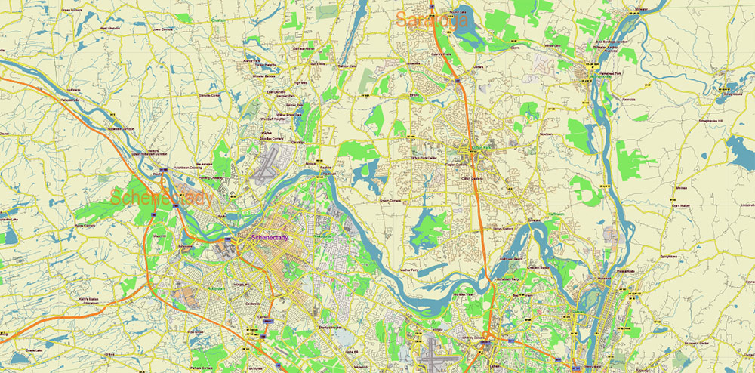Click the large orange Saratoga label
click(x=432, y=20)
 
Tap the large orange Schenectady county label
click(x=162, y=199)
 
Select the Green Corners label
click(x=72, y=11)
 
